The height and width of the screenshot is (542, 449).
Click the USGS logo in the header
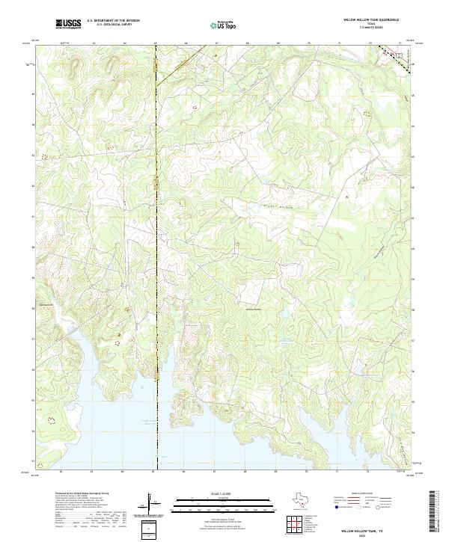coord(69,24)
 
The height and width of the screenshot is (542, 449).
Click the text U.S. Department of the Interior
coord(113,21)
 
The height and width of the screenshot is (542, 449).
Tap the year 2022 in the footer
coord(370,535)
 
